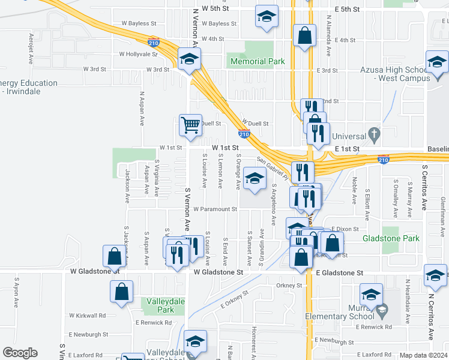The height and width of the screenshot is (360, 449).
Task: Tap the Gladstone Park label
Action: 391,238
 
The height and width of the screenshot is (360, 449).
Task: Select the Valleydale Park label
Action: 158,305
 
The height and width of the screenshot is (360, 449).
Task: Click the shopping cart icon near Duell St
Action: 190,125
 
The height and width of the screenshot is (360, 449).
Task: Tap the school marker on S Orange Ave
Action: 255,179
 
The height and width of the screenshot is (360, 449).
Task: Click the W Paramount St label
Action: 215,209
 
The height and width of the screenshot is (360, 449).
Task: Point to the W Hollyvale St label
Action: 137,53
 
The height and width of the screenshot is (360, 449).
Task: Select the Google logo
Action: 20,353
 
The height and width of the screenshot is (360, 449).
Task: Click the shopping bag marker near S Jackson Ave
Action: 114,256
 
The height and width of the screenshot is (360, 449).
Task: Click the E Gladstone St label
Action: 339,272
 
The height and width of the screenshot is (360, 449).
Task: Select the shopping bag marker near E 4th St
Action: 304,35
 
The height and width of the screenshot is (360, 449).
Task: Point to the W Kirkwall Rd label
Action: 88,315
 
